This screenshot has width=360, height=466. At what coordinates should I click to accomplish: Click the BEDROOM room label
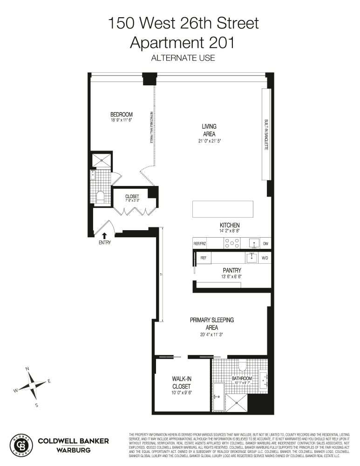[122, 115]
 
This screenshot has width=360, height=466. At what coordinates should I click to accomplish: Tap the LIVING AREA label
[209, 130]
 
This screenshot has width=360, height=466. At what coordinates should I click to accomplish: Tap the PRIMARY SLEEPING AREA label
[212, 323]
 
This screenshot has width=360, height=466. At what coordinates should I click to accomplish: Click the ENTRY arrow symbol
[104, 236]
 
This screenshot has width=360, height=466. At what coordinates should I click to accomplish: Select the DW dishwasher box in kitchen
[265, 243]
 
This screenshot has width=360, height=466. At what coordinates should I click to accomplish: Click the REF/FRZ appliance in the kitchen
[200, 243]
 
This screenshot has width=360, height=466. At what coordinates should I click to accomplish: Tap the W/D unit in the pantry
[265, 258]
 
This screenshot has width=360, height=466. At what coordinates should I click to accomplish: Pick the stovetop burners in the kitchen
[232, 243]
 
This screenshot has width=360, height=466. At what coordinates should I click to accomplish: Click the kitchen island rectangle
[223, 209]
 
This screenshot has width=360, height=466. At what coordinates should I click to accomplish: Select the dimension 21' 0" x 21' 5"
[209, 140]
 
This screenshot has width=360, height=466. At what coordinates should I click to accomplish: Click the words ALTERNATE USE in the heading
[182, 58]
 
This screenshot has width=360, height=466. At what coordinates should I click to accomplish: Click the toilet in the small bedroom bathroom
[100, 197]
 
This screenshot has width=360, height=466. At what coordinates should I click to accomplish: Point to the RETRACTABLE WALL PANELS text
[152, 127]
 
